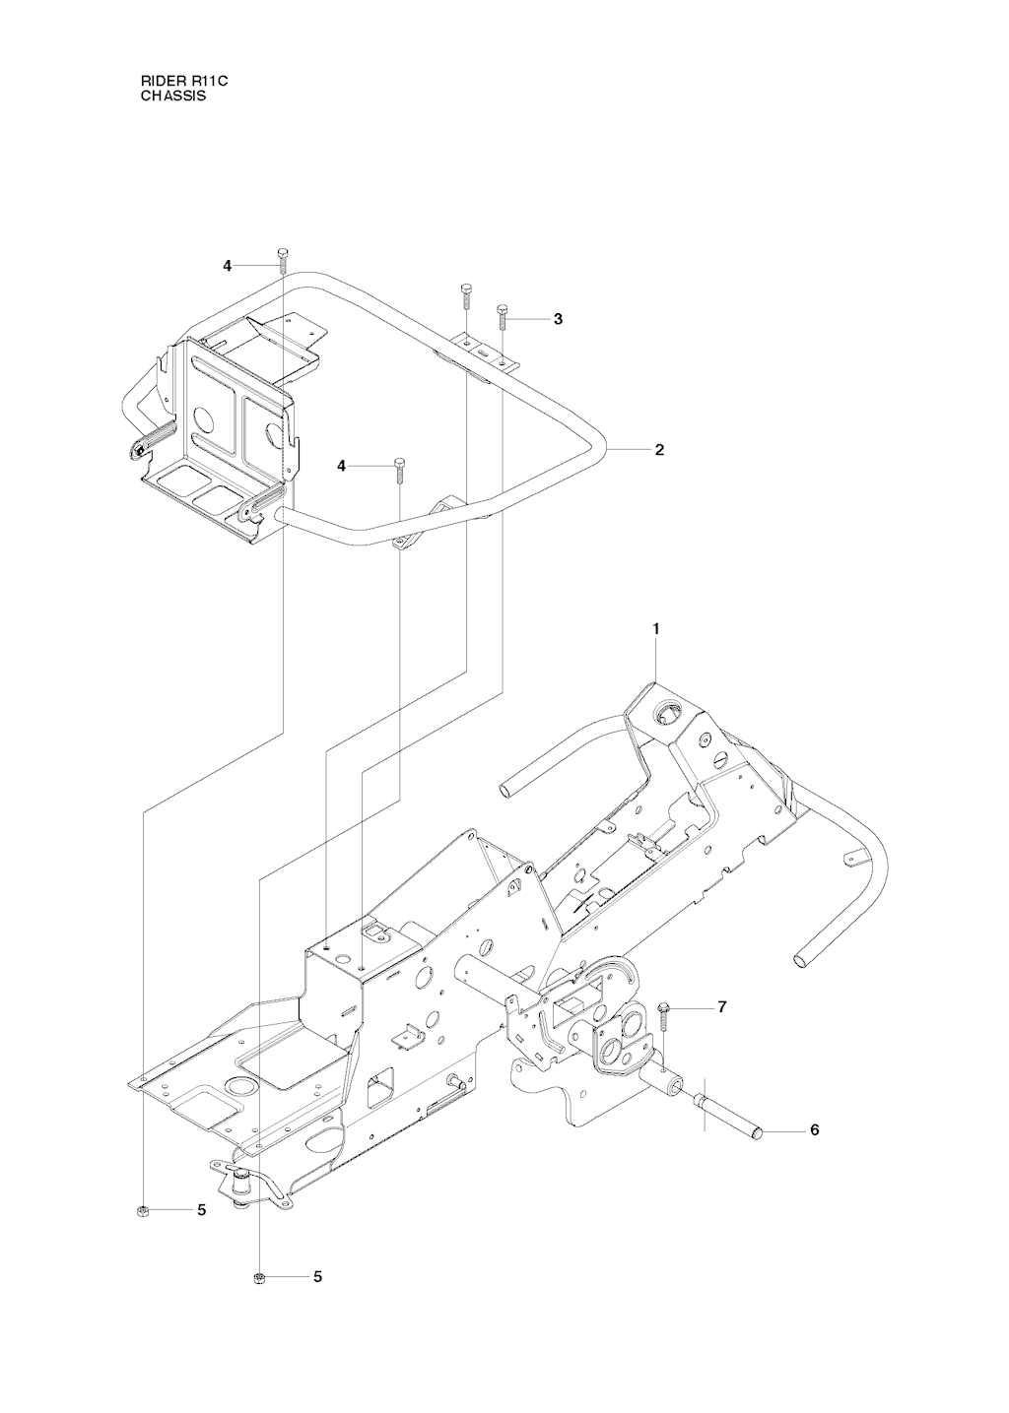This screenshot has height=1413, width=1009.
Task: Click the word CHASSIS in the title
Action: (x=173, y=96)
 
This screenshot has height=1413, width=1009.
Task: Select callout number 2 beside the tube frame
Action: (x=659, y=450)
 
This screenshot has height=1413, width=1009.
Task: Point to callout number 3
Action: (x=558, y=319)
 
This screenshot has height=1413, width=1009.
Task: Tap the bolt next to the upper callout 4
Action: (x=282, y=261)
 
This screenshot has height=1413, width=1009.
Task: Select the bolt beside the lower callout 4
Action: (x=398, y=471)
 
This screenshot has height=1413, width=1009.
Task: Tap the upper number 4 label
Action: (x=227, y=266)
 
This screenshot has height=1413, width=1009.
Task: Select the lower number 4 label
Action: (x=342, y=466)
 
